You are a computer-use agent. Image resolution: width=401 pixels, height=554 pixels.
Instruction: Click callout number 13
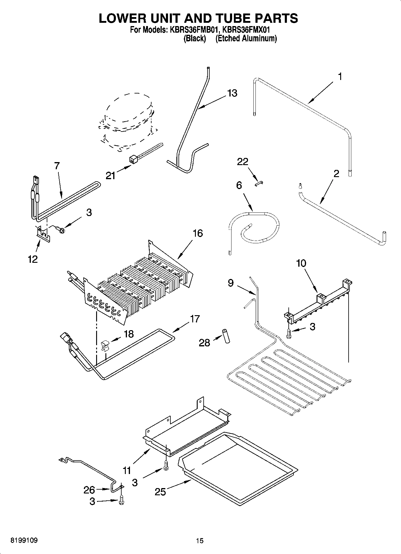pyautogui.click(x=232, y=93)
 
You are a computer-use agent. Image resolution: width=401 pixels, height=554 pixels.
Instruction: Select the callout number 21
pyautogui.click(x=110, y=175)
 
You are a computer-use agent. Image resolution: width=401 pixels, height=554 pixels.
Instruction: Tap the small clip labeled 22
pyautogui.click(x=259, y=183)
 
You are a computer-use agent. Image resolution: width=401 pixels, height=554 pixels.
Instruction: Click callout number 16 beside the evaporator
pyautogui.click(x=198, y=233)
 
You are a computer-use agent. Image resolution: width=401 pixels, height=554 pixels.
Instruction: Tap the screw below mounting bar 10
pyautogui.click(x=289, y=333)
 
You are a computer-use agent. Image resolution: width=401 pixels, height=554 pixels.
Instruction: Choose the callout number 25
pyautogui.click(x=160, y=492)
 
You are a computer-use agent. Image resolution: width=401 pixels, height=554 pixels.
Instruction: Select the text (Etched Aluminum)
pyautogui.click(x=246, y=38)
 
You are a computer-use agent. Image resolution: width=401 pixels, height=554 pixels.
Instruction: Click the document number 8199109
pyautogui.click(x=24, y=541)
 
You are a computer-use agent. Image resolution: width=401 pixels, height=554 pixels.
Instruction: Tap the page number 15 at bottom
pyautogui.click(x=199, y=541)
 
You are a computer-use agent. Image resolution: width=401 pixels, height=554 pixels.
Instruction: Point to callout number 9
pyautogui.click(x=230, y=283)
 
